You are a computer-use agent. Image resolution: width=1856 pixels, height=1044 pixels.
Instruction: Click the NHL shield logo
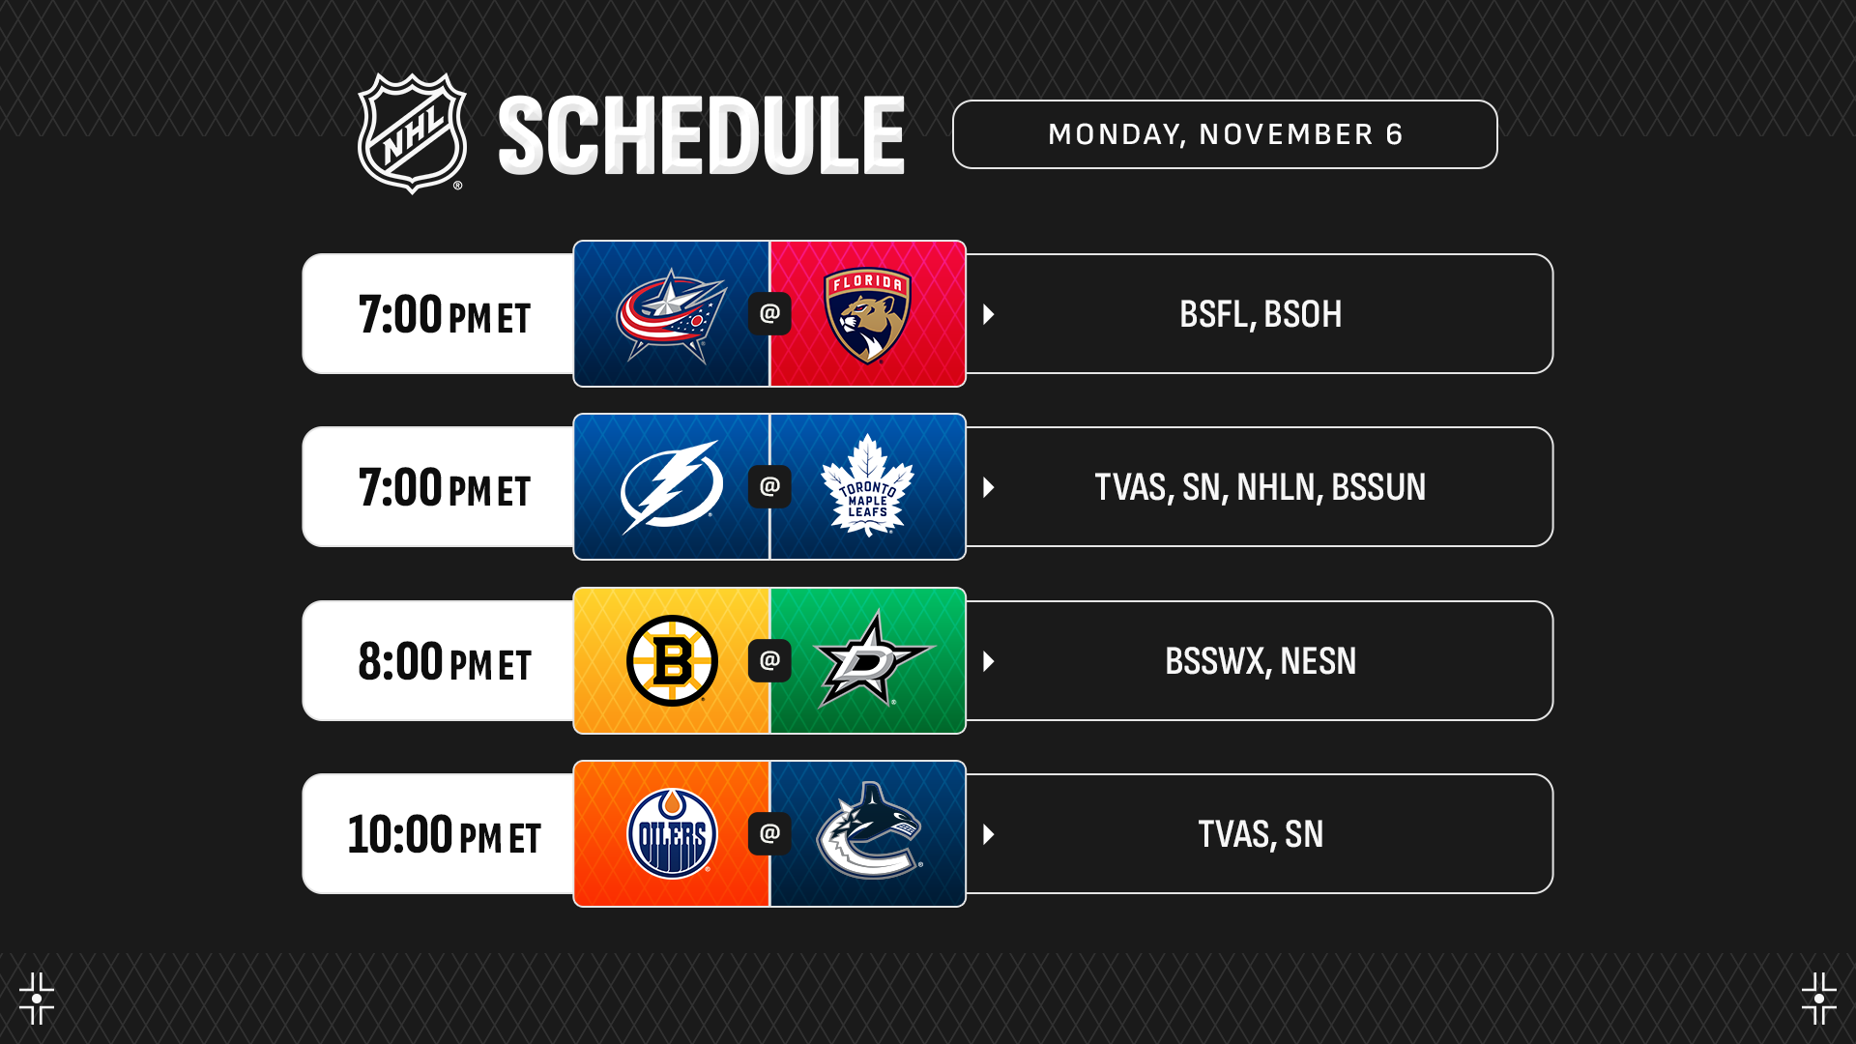(412, 133)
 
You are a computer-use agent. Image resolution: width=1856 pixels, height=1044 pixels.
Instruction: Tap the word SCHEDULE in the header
(702, 135)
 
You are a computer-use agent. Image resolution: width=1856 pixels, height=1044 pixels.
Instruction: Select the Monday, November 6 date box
(1225, 134)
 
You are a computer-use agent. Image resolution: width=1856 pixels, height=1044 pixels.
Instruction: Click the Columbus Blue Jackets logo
(672, 315)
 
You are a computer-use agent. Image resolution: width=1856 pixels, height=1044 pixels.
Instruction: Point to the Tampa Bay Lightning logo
(672, 487)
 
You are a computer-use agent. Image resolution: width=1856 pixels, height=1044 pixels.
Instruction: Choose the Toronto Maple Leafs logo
(867, 486)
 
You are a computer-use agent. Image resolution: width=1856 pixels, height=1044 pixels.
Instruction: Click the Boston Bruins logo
(672, 660)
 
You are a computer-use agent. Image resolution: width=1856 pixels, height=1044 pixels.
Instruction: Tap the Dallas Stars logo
(874, 659)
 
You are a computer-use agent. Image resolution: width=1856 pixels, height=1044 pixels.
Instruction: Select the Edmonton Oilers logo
(672, 833)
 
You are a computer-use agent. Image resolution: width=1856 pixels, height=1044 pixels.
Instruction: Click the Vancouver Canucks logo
(869, 831)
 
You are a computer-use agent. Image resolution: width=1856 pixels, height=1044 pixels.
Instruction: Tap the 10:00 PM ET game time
(445, 834)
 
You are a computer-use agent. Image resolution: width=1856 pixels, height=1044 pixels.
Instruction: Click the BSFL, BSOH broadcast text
(1261, 314)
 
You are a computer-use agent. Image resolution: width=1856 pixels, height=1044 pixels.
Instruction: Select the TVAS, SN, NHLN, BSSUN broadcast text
(1261, 487)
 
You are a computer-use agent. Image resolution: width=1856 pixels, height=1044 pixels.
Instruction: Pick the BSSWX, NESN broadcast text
(1261, 661)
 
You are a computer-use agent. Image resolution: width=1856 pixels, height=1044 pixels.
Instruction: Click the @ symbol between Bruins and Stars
(769, 660)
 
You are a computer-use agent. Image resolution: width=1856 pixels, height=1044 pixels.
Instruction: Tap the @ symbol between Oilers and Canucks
(769, 833)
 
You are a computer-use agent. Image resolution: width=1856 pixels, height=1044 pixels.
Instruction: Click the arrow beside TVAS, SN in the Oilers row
(989, 834)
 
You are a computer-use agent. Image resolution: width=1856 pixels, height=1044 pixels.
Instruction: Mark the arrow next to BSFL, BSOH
(989, 314)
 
